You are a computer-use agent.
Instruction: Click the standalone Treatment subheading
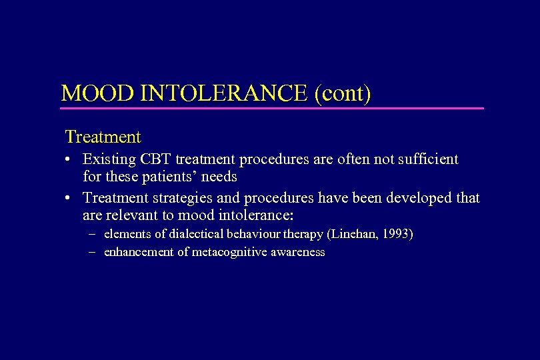[x=103, y=137]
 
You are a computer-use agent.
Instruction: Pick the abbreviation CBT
[x=157, y=160]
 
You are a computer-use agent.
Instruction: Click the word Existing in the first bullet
[x=108, y=160]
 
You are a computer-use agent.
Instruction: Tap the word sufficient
[x=428, y=160]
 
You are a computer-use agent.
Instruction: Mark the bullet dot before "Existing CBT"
[x=69, y=161]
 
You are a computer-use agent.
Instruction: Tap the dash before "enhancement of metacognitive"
[x=91, y=252]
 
